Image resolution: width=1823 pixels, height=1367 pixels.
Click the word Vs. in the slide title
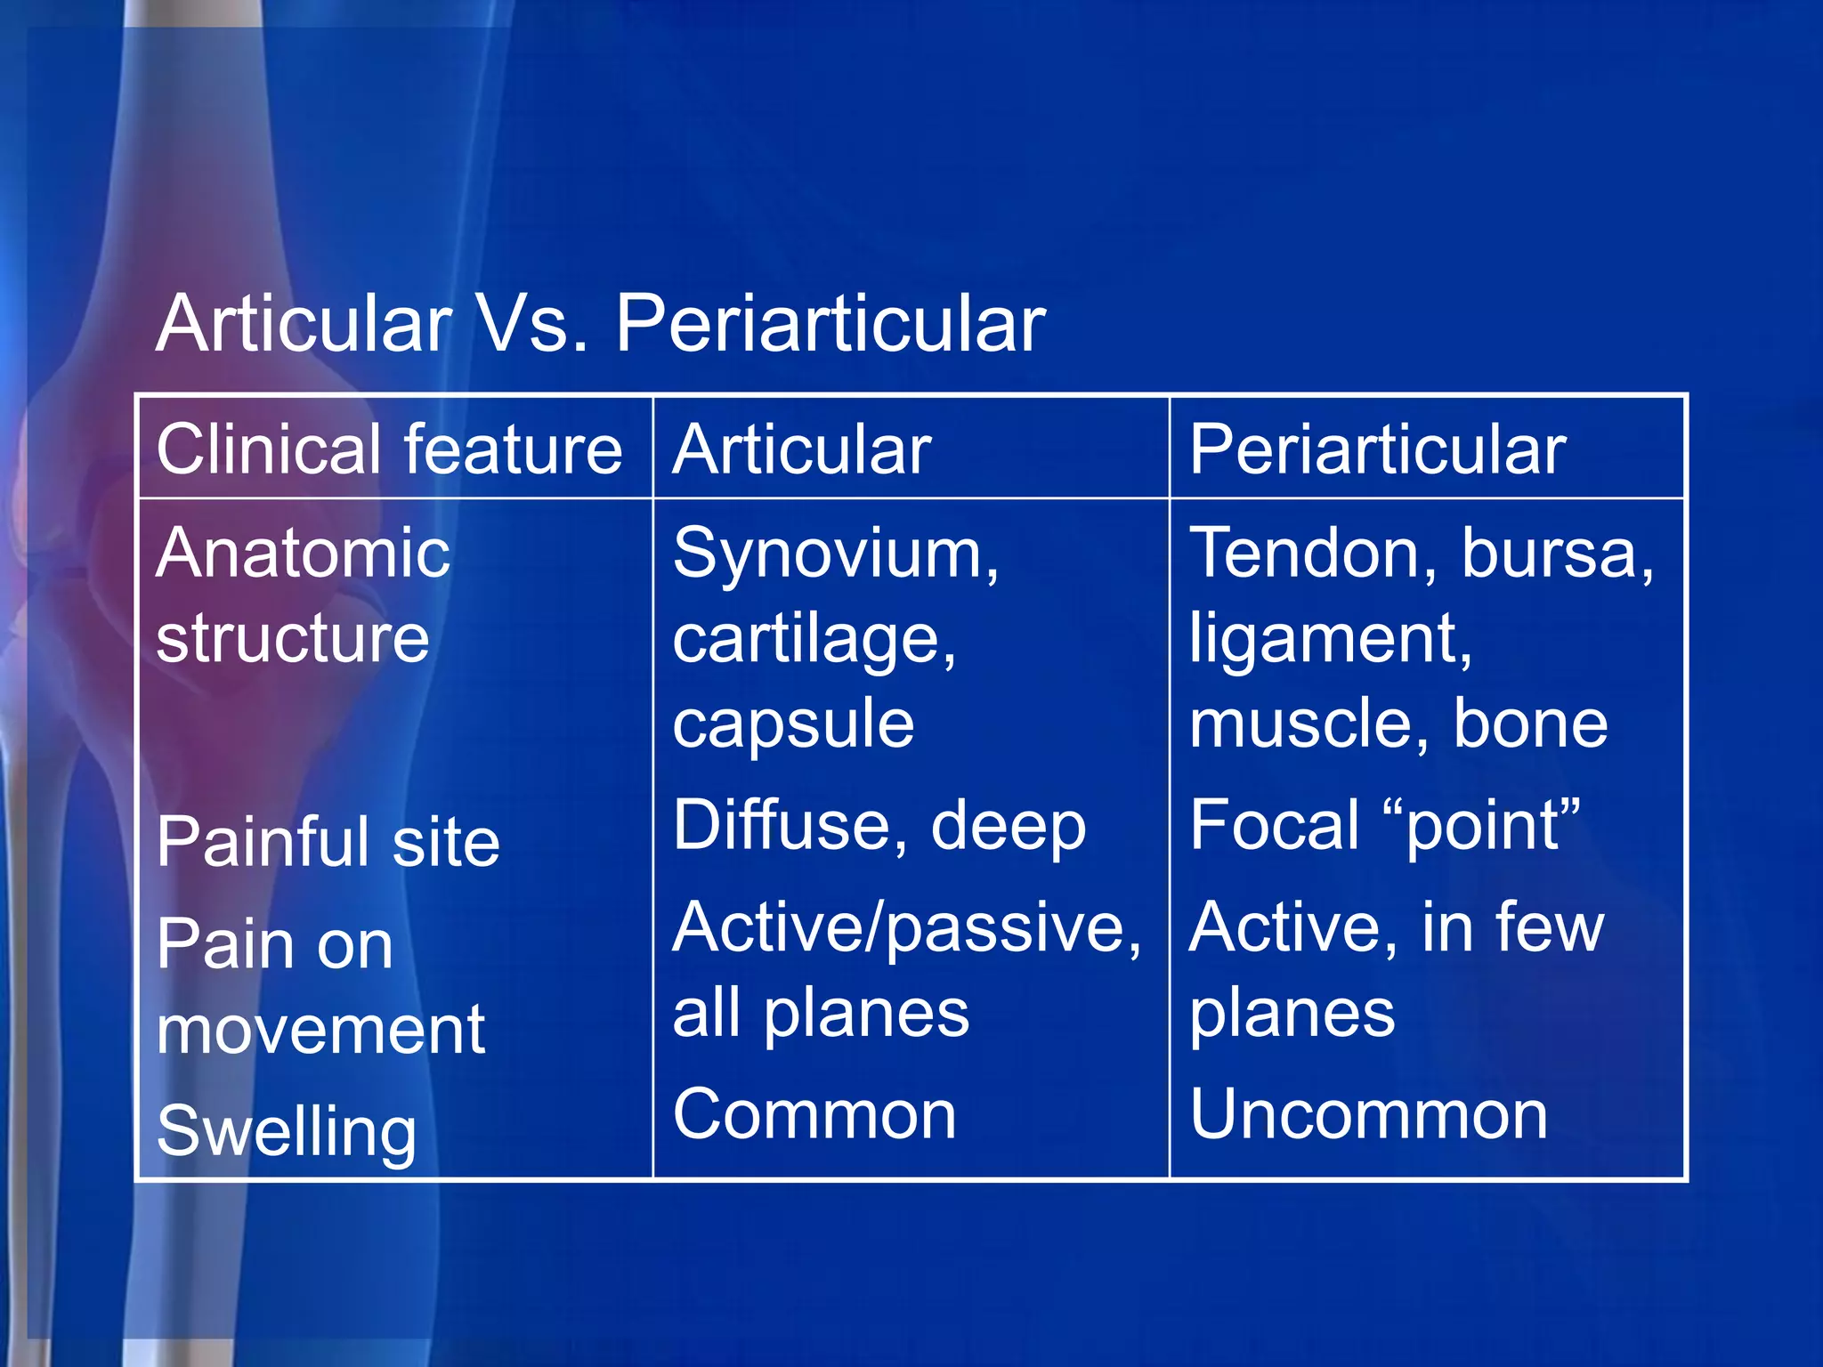point(532,324)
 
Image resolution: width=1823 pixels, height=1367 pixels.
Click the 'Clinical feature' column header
point(389,449)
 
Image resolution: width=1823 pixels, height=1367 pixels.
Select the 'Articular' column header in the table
point(801,449)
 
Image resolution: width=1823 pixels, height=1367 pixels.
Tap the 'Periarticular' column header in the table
point(1377,449)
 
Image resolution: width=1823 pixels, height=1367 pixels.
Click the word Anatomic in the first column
point(303,554)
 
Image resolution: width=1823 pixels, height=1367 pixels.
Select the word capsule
point(793,724)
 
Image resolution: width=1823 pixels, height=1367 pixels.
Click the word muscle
point(1309,723)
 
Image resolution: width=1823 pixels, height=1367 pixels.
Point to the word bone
point(1530,723)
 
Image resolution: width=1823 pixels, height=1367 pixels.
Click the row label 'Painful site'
point(328,842)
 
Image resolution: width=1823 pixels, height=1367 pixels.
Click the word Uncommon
point(1368,1114)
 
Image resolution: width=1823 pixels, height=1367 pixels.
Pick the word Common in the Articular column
point(814,1114)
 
